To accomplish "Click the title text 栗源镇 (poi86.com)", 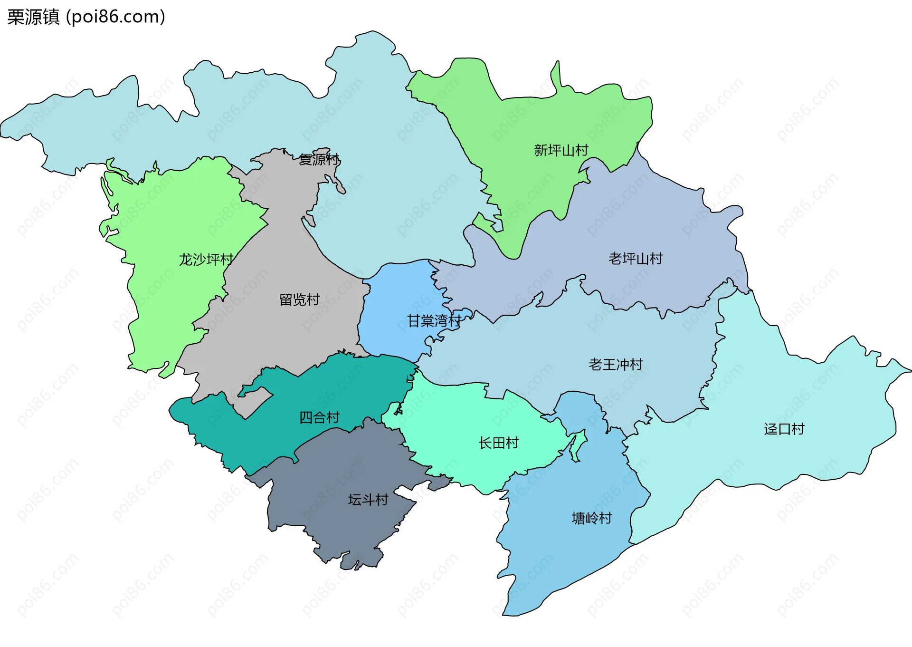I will click(86, 17).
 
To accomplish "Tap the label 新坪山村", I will click(561, 150).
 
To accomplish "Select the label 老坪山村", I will click(636, 259).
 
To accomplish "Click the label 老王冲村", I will click(616, 365).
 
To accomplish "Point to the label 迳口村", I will click(784, 429).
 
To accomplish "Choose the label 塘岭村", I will click(591, 518).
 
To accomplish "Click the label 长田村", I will click(498, 443).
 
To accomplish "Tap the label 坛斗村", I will click(368, 500).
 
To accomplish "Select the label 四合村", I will click(319, 418).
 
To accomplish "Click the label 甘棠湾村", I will click(434, 321).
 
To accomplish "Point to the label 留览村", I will click(299, 299).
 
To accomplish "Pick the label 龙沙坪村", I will click(206, 260).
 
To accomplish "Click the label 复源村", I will click(319, 159).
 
